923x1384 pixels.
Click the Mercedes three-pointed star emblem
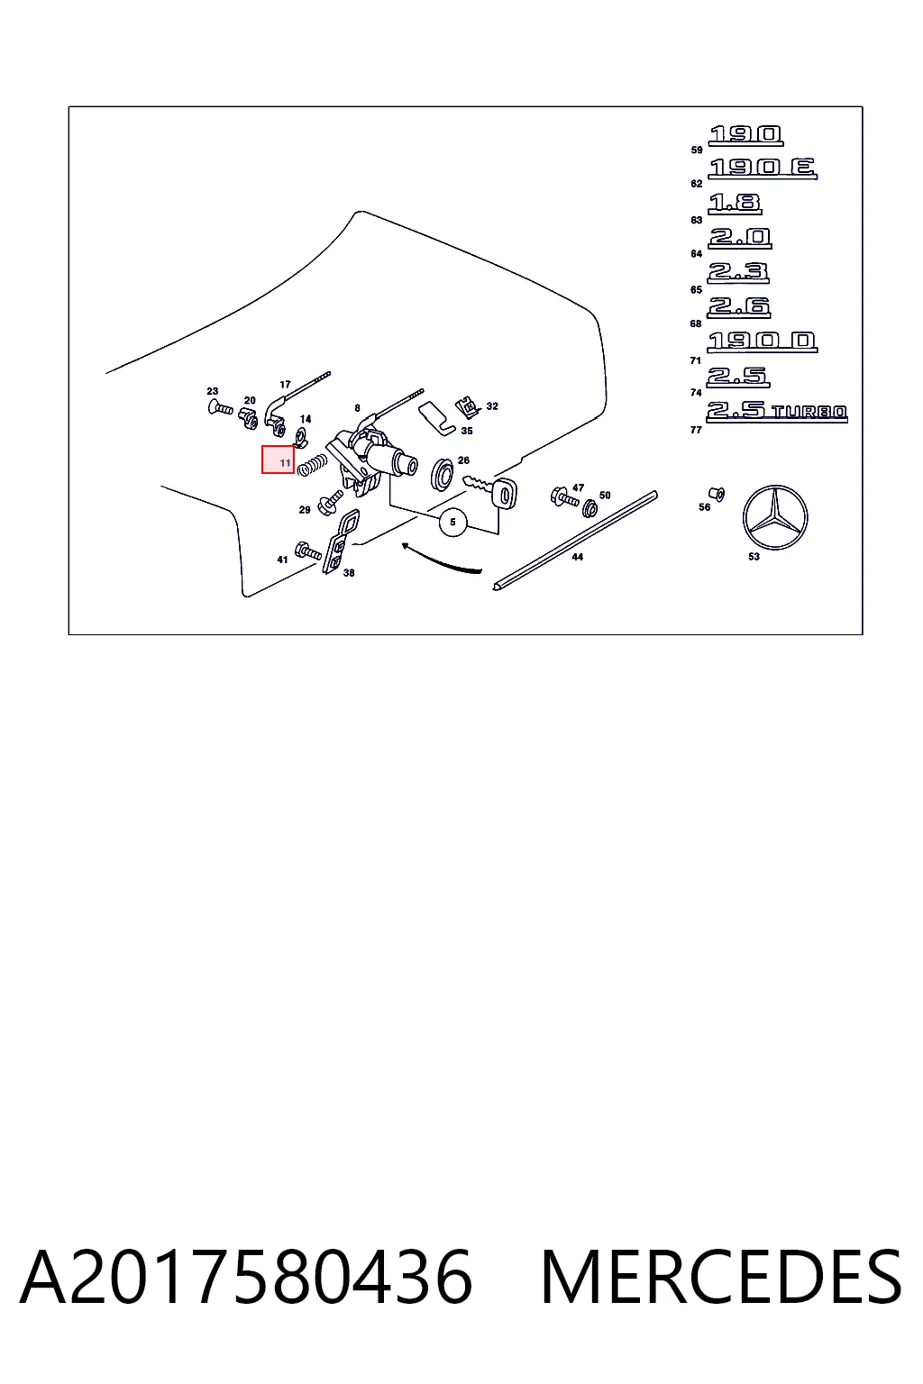coord(774,517)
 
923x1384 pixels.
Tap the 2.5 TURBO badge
coord(776,412)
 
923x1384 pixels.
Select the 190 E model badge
coord(763,168)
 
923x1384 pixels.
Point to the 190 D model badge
coord(763,341)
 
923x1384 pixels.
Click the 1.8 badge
coord(735,204)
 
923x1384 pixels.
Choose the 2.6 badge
coord(739,307)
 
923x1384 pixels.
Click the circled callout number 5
coord(452,522)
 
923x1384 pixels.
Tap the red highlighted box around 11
coord(278,459)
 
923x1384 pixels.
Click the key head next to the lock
coord(505,493)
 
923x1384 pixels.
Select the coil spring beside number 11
coord(312,465)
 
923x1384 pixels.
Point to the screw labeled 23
coord(220,408)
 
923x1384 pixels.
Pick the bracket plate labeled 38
coord(340,542)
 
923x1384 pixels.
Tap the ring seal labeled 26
coord(442,475)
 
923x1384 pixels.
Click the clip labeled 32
coord(468,407)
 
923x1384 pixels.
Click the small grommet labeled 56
coord(717,494)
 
